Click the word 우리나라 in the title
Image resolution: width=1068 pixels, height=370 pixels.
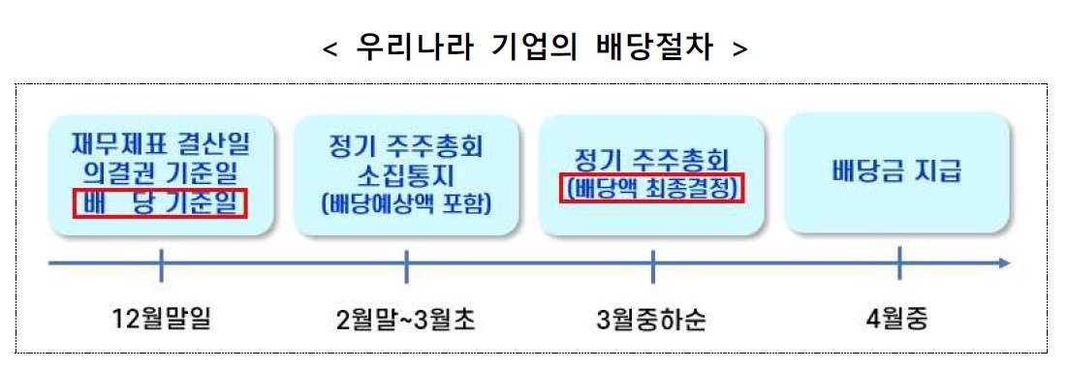(x=414, y=48)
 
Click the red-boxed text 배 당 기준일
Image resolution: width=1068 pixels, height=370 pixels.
(x=159, y=203)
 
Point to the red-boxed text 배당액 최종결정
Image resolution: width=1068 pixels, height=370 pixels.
(x=652, y=189)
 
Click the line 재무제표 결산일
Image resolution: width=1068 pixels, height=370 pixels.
(x=161, y=144)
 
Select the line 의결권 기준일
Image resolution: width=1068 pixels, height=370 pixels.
(x=161, y=174)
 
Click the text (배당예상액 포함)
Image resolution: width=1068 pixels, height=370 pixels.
(x=406, y=204)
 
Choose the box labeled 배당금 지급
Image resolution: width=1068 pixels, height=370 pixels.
(x=896, y=172)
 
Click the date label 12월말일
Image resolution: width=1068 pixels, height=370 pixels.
(x=161, y=320)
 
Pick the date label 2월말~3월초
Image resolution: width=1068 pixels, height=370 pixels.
(x=406, y=320)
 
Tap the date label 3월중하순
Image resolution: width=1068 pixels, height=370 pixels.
(x=652, y=320)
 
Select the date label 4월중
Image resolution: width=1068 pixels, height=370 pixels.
(x=898, y=320)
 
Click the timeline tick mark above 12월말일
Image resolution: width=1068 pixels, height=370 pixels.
(x=161, y=264)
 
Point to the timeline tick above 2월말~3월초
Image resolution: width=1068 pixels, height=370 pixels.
(x=407, y=264)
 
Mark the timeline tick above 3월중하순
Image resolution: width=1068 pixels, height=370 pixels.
(x=652, y=264)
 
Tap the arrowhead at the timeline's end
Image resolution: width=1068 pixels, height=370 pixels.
(x=1006, y=263)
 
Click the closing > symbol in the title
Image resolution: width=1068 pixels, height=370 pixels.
(x=739, y=50)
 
